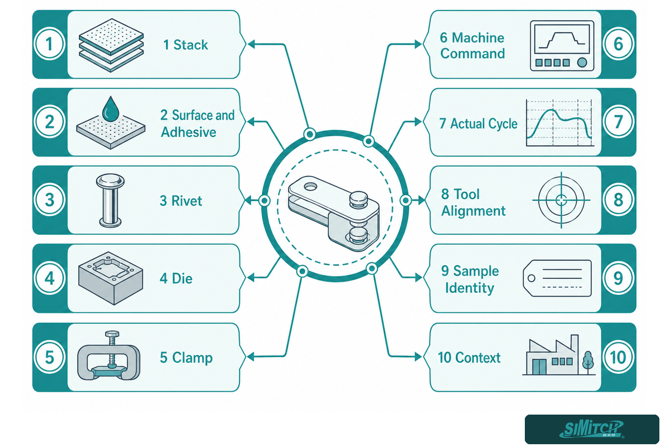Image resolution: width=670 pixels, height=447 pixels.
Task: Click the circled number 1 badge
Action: click(x=49, y=44)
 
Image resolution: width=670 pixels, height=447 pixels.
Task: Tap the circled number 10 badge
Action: click(x=618, y=357)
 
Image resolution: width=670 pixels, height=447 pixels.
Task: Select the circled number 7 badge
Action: click(x=618, y=122)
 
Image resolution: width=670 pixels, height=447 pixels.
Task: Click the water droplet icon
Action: click(x=111, y=109)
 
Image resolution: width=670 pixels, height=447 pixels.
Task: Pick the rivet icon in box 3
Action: click(x=110, y=200)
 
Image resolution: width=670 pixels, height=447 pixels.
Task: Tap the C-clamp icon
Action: click(x=108, y=355)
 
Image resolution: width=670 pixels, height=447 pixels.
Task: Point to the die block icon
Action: click(x=111, y=278)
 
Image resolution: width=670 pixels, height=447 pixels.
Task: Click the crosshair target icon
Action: click(x=561, y=200)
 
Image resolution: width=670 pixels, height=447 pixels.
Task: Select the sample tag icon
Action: click(x=557, y=278)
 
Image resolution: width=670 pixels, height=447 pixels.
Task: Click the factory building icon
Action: click(x=551, y=355)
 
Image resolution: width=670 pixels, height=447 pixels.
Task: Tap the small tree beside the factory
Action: click(x=588, y=363)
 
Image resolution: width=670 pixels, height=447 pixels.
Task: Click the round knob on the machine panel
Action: click(x=582, y=63)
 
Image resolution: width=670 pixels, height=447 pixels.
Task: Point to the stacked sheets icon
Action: click(x=111, y=45)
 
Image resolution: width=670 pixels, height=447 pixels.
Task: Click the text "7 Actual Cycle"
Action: click(x=478, y=123)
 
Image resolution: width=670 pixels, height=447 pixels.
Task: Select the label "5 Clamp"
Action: click(x=186, y=358)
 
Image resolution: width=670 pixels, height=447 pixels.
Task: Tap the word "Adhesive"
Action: click(x=189, y=132)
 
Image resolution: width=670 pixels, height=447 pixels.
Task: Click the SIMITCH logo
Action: click(x=592, y=429)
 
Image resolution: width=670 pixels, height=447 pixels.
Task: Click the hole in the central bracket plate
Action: click(x=310, y=187)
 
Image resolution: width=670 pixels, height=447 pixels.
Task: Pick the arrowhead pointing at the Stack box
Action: click(x=252, y=44)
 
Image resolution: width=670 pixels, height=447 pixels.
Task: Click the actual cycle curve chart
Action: click(x=559, y=123)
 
